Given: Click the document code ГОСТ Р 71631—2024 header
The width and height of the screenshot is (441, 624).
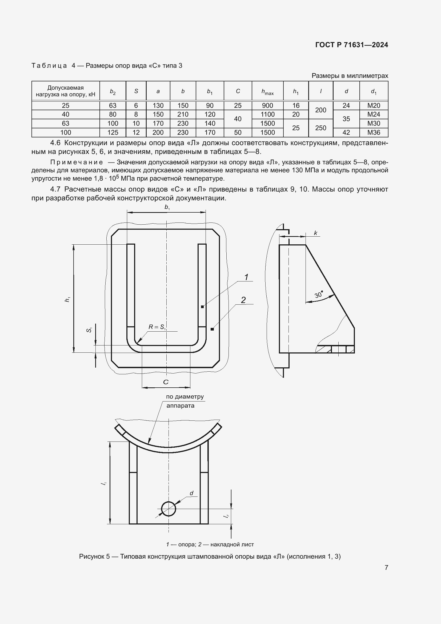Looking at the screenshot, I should click(x=351, y=45).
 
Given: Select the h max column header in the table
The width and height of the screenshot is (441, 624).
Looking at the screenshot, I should click(x=267, y=92).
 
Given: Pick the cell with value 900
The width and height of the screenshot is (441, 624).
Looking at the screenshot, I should click(x=267, y=105).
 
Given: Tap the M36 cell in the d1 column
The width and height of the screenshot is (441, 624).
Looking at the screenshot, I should click(x=373, y=132).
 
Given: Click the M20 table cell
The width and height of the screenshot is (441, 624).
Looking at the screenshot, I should click(x=373, y=105).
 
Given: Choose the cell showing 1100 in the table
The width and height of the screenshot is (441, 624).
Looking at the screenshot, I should click(x=267, y=114).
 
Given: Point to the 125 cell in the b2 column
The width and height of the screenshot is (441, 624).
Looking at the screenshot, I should click(x=113, y=132).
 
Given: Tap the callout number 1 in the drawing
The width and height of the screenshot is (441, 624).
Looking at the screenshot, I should click(x=246, y=277).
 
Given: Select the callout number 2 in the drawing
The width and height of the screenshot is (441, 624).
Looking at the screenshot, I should click(x=243, y=300).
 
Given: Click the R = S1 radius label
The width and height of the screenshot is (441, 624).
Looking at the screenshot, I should click(x=157, y=327).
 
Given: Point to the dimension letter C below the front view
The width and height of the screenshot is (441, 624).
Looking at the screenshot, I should click(x=166, y=382).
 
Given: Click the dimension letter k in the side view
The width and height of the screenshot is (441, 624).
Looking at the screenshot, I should click(x=315, y=233).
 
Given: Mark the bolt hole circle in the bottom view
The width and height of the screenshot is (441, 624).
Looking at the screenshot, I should click(x=168, y=509).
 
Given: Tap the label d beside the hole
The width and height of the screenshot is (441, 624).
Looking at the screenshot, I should click(x=191, y=493).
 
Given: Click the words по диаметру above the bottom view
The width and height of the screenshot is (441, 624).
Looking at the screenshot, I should click(x=185, y=396).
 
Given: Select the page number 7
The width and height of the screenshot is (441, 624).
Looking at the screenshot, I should click(x=386, y=567).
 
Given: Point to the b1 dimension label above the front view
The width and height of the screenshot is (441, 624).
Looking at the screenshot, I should click(x=167, y=207).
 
